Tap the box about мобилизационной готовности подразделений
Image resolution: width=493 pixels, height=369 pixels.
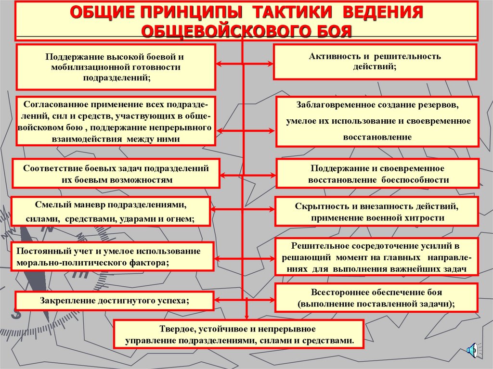116,67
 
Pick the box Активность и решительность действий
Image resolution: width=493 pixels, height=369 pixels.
375,62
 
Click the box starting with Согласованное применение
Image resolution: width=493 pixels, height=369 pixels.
116,121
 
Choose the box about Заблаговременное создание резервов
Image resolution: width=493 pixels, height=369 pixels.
377,121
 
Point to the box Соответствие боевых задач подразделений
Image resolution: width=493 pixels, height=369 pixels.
116,173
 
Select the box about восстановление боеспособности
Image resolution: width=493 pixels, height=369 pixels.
377,173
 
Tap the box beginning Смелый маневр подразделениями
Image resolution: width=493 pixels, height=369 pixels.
111,211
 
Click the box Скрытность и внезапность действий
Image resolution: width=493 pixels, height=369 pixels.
376,211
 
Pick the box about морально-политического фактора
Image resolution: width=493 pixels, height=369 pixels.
112,257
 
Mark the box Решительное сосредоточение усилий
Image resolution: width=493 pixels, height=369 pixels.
376,257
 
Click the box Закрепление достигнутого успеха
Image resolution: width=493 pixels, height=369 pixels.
114,301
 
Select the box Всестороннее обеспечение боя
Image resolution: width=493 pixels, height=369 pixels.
376,298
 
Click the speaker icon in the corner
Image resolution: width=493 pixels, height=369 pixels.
473,350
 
